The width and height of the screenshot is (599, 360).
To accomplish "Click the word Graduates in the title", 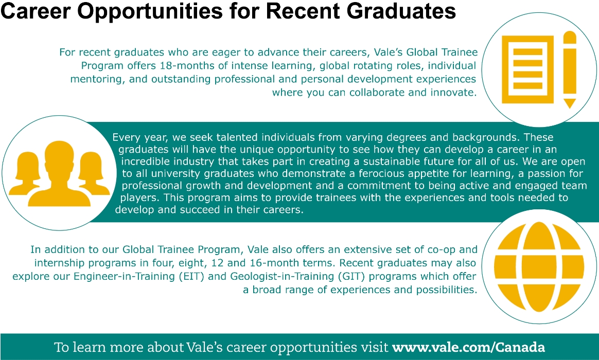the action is (x=401, y=11).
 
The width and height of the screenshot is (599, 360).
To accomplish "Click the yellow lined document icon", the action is (x=527, y=69).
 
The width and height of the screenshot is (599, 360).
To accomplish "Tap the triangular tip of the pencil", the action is (x=570, y=103).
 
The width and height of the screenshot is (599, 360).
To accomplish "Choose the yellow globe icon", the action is (x=539, y=267).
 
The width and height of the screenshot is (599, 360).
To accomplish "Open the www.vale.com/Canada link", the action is (x=468, y=348).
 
